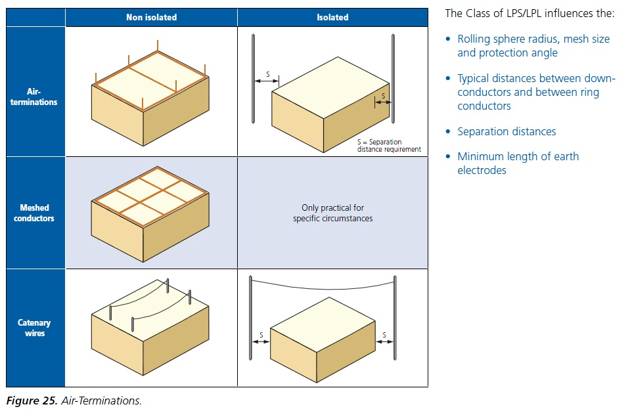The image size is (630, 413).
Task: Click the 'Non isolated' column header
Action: (152, 17)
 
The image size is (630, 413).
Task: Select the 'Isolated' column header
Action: (332, 17)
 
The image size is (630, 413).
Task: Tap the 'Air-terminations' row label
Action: (34, 97)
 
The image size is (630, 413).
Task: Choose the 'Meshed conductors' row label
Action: (34, 213)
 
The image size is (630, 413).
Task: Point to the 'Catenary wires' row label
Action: (34, 328)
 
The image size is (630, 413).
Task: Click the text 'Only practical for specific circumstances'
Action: (332, 213)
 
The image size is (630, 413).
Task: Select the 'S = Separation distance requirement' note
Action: (389, 145)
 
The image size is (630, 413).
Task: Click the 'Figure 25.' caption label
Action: (32, 401)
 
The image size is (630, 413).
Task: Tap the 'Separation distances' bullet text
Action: (506, 131)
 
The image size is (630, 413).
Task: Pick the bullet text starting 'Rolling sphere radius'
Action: (533, 46)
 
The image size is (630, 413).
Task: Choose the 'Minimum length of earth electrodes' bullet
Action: (518, 163)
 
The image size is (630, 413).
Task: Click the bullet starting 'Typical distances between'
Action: (536, 92)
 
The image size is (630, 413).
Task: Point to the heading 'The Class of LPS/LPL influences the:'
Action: (529, 13)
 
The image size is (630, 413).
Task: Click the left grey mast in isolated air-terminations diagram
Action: (253, 79)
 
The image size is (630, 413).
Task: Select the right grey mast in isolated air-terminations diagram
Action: (393, 79)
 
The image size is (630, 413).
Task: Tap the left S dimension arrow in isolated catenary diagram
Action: (261, 342)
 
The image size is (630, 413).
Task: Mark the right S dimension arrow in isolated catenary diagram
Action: (385, 342)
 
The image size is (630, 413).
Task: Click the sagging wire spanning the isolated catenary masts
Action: (323, 288)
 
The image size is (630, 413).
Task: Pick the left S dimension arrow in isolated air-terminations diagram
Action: (266, 81)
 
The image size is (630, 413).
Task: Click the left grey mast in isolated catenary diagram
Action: (250, 318)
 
